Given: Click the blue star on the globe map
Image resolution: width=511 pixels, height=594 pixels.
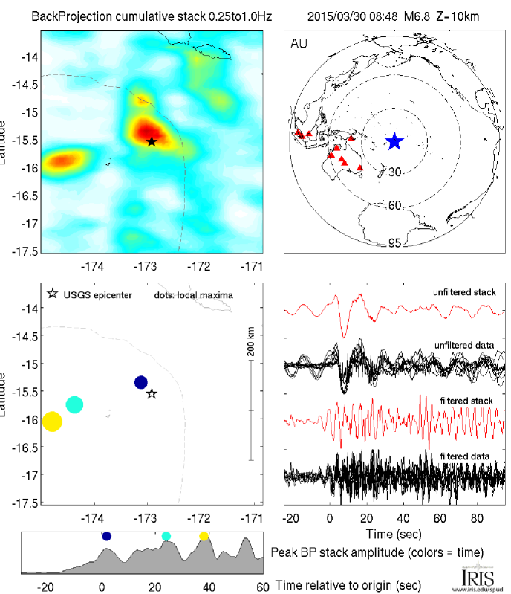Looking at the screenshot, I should (394, 141).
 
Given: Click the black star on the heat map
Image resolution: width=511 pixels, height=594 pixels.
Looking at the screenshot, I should (152, 141).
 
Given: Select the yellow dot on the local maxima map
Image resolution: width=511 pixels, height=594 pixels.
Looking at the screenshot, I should (52, 422).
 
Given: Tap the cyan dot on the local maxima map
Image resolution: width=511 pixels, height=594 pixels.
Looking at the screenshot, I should (74, 404).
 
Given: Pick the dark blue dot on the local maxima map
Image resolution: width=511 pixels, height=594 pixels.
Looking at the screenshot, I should (141, 382).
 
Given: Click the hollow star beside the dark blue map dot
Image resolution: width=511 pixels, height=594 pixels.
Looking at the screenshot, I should (152, 393).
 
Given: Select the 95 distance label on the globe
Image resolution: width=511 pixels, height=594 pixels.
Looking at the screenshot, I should (395, 243).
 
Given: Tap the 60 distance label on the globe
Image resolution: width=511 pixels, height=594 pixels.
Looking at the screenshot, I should (395, 205).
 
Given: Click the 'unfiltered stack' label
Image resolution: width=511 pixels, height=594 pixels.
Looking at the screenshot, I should (465, 292).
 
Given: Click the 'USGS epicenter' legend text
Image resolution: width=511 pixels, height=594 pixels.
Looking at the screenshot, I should (98, 295).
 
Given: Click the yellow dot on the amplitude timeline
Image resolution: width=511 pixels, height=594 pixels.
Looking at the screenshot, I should (204, 536).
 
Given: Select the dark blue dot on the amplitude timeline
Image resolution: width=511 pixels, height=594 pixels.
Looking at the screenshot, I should (106, 536).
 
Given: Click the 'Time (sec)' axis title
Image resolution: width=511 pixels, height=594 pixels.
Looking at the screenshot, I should (394, 534).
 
